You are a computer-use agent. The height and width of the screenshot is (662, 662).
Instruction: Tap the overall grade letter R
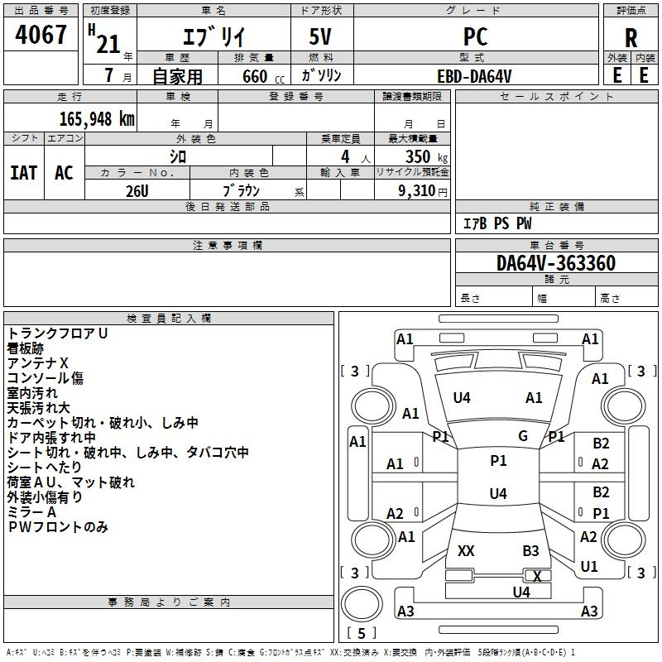[x=631, y=38]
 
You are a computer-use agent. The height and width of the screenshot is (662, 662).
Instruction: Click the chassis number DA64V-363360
[x=555, y=263]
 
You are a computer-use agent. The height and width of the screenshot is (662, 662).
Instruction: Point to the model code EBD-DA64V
[x=474, y=75]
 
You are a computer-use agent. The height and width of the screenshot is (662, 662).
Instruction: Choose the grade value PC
[x=475, y=37]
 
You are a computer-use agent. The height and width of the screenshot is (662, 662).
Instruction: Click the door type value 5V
[x=320, y=37]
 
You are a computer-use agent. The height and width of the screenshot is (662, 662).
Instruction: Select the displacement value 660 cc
[x=254, y=76]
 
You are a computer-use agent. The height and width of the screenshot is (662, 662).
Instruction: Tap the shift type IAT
[x=23, y=172]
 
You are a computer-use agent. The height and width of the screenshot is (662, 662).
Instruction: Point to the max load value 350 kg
[x=420, y=156]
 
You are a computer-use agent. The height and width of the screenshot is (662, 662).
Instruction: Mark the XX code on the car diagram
[x=466, y=550]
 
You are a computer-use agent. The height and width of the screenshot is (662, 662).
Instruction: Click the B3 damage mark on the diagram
[x=530, y=550]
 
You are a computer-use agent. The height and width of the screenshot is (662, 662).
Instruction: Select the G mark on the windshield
[x=523, y=435]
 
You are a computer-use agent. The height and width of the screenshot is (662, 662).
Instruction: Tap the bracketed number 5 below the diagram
[x=361, y=633]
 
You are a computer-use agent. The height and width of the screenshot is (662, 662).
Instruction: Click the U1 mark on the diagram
[x=588, y=567]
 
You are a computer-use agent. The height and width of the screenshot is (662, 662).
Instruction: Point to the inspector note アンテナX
[x=38, y=363]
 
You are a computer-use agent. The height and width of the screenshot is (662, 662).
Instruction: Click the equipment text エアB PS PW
[x=496, y=223]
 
